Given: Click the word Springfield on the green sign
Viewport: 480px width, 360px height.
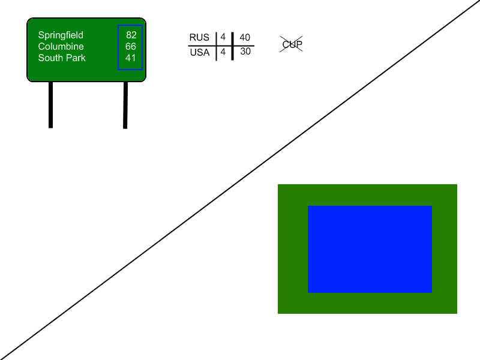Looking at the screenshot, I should point(61,35).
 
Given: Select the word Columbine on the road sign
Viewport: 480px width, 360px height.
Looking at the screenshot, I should point(61,47).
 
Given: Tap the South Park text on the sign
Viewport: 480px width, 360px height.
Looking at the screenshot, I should point(62,58).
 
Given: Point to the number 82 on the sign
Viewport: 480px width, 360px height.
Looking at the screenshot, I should point(131,35).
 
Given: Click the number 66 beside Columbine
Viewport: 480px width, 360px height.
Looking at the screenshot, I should point(131,47).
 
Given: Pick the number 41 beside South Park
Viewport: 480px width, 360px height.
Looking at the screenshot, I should point(131,58).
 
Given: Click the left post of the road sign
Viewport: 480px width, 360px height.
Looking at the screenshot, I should point(50,104).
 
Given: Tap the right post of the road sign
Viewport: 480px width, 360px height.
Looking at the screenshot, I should point(125,104).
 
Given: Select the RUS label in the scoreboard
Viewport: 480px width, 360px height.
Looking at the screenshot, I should point(199,38).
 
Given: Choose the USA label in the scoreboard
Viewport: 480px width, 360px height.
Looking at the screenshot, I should point(200,53).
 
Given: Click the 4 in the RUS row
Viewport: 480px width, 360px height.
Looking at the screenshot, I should point(223,37).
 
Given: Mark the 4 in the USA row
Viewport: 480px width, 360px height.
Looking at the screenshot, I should point(223,52).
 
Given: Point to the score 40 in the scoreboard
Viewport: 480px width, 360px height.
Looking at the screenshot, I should point(245,38).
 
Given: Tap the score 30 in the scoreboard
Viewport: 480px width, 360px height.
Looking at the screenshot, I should point(245,52).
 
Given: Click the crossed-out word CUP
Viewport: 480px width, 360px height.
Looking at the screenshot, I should point(292,44).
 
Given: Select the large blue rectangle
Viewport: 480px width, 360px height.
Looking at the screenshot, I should point(370,249).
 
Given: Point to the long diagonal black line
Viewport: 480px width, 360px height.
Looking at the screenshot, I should point(240,180).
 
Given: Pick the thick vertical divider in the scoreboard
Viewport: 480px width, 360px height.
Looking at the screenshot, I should point(232,54).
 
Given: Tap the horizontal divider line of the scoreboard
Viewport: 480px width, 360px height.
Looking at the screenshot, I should point(204,46).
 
